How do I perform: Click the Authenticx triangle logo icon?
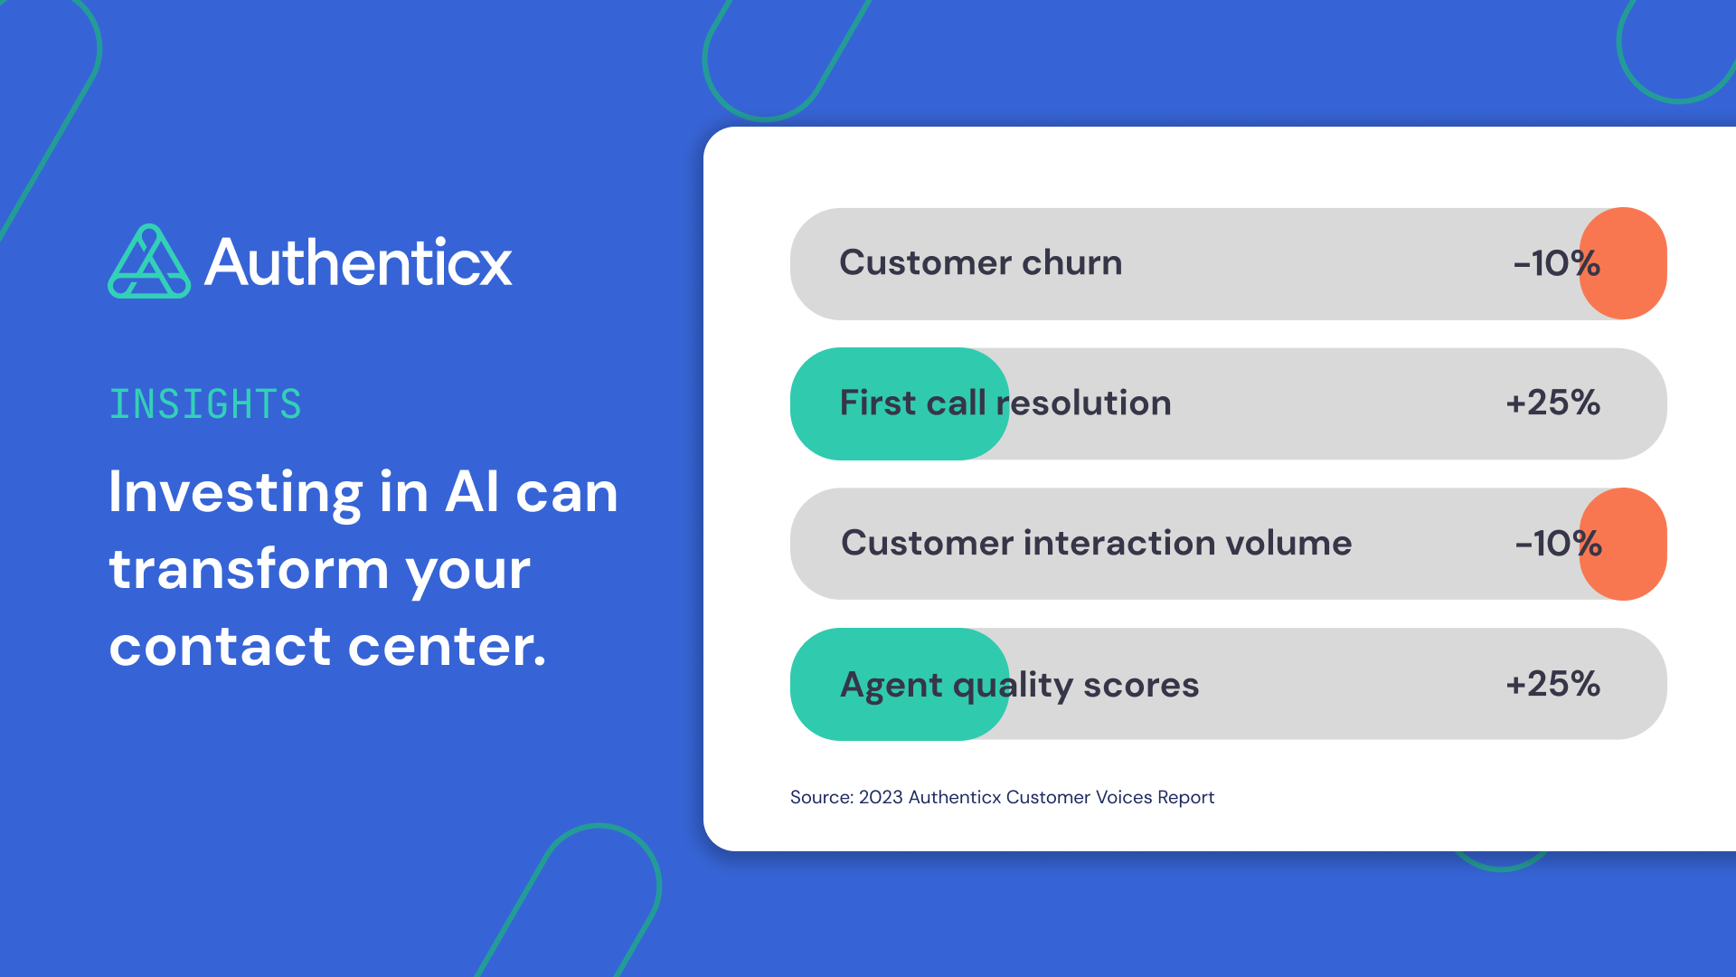149,262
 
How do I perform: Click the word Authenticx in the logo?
358,263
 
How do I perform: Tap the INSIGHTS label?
205,404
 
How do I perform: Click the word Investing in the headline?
236,493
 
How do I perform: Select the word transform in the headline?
249,570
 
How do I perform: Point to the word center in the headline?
447,647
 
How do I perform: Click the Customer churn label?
980,263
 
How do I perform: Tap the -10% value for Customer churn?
1555,263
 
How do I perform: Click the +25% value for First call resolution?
1552,403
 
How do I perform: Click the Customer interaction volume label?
1096,544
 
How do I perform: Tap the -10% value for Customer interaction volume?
1557,544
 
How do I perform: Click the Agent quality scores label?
1019,685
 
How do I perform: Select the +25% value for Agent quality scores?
1552,684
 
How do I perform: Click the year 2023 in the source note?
880,797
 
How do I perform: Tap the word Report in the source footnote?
1185,797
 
